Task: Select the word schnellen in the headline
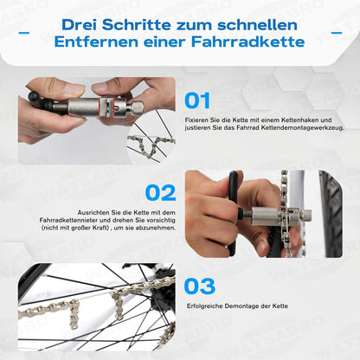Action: click(x=257, y=25)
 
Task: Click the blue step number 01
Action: click(x=197, y=100)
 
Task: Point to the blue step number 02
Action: click(x=161, y=193)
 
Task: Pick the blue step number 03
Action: click(x=200, y=286)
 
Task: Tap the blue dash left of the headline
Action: click(x=24, y=33)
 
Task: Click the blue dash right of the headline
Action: click(x=337, y=33)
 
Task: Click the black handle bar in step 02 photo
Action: click(x=233, y=213)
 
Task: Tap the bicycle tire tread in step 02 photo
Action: click(x=331, y=214)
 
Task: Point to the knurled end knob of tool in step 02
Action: click(x=307, y=215)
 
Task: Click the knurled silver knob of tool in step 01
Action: click(x=138, y=106)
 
